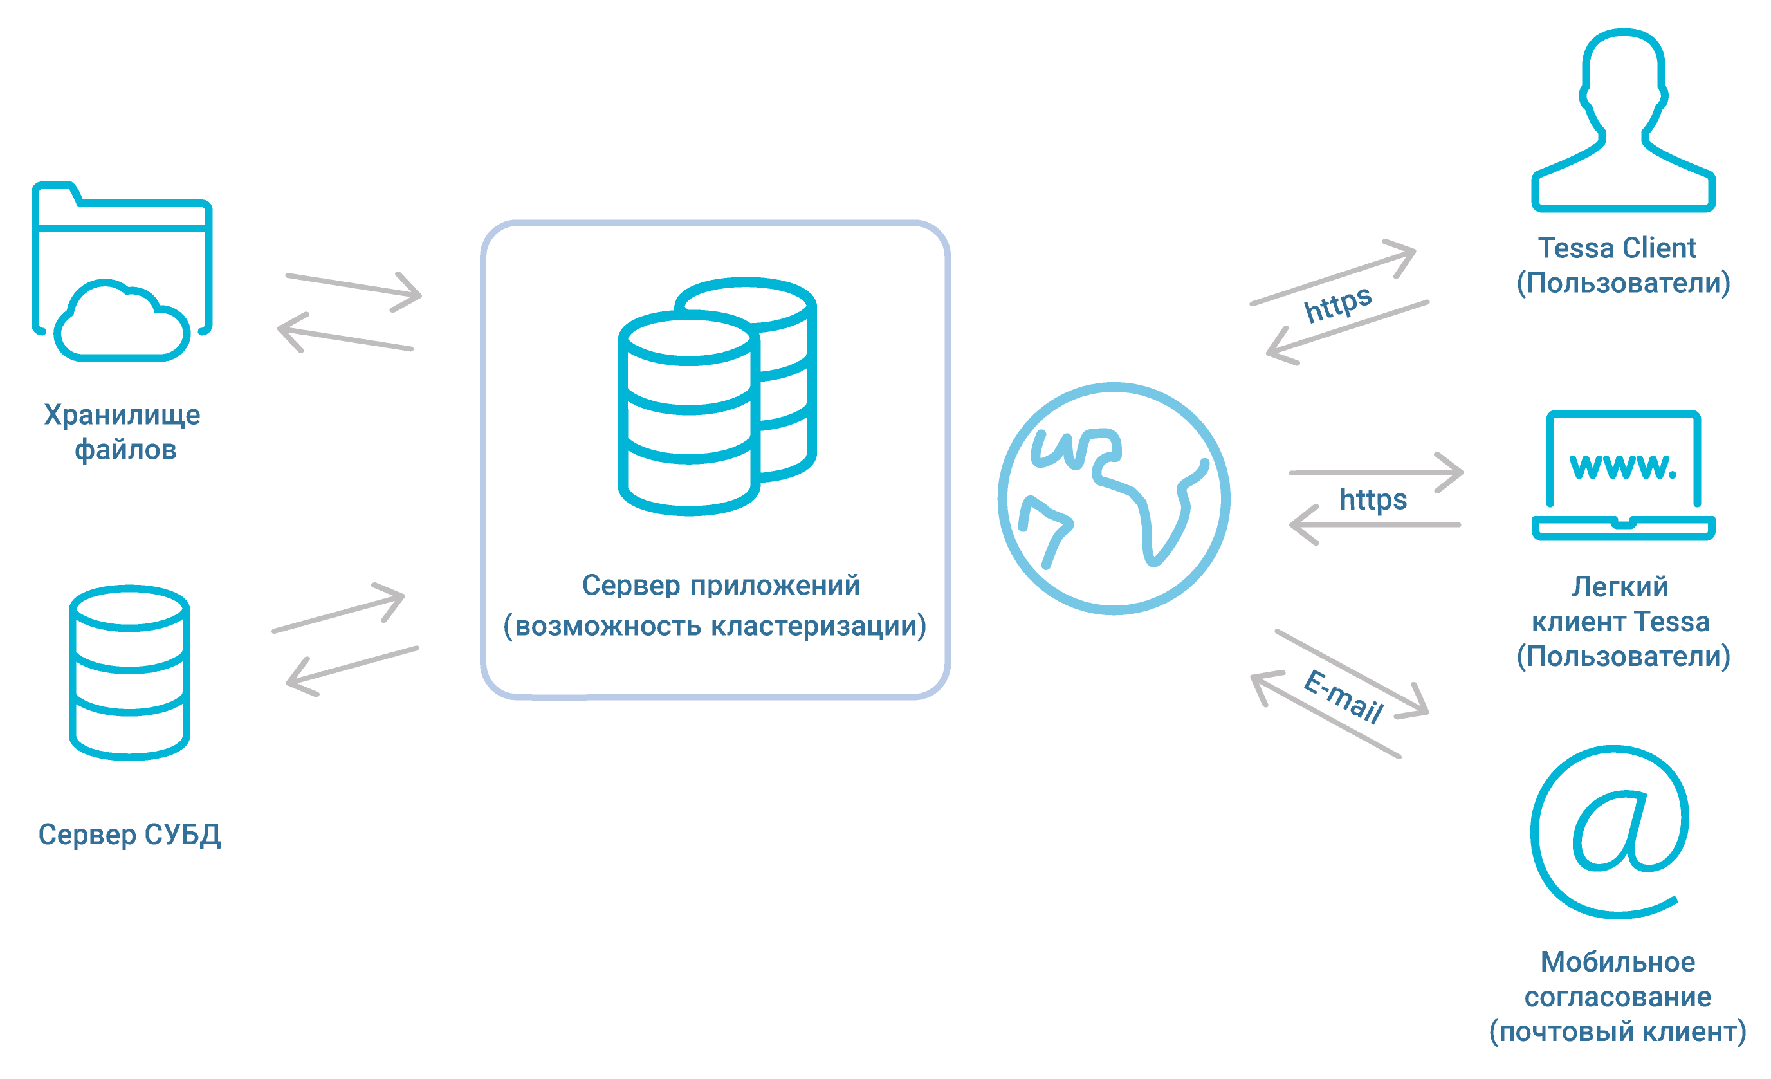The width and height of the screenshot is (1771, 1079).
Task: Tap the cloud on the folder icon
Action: click(x=122, y=324)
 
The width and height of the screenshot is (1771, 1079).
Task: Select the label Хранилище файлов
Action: click(x=123, y=432)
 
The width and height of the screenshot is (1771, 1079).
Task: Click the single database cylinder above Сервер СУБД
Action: click(x=129, y=673)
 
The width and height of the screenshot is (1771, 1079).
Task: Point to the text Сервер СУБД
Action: click(x=129, y=835)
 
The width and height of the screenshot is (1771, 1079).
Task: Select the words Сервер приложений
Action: click(x=720, y=585)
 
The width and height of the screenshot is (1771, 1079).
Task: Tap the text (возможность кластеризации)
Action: click(x=715, y=625)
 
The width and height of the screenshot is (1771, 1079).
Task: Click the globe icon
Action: click(x=1114, y=499)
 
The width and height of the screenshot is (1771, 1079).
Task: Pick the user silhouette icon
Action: click(x=1623, y=122)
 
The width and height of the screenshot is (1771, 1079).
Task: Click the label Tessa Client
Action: click(x=1617, y=248)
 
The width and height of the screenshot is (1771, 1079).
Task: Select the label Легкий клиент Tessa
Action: click(x=1620, y=604)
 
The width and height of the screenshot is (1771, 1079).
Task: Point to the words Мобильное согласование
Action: click(x=1617, y=979)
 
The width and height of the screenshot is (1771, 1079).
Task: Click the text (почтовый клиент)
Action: click(x=1617, y=1031)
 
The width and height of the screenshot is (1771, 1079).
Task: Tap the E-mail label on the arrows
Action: click(x=1343, y=696)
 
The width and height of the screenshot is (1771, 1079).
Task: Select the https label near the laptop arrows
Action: click(x=1373, y=499)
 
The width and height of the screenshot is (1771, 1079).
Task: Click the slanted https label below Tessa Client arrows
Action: click(x=1337, y=304)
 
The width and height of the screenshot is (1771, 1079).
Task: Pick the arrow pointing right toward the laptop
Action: click(x=1377, y=472)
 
